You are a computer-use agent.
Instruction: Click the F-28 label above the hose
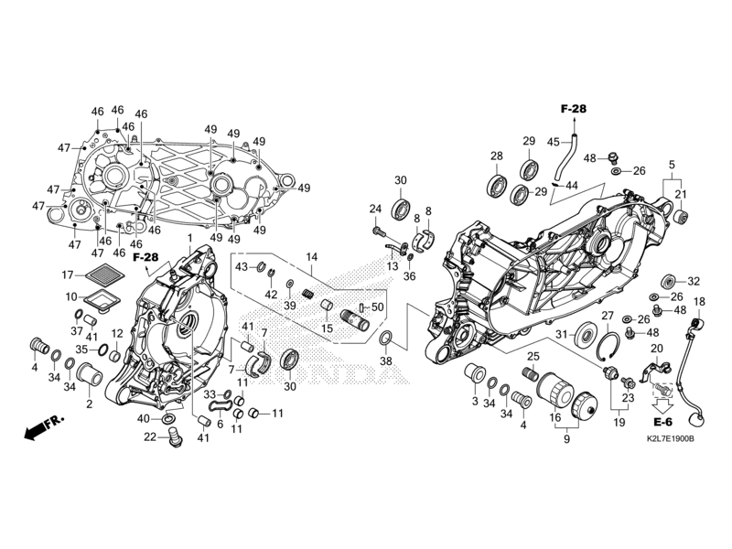click(573, 110)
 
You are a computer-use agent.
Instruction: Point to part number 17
click(67, 274)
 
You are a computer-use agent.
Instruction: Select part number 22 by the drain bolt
click(149, 436)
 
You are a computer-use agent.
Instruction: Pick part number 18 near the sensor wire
click(699, 302)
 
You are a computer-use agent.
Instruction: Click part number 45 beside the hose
click(553, 142)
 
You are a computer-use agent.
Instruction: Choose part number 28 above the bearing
click(497, 156)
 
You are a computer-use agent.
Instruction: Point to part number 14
click(311, 257)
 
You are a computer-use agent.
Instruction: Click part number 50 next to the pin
click(378, 307)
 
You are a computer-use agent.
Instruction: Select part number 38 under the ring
click(385, 361)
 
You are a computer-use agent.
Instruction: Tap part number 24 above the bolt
click(374, 210)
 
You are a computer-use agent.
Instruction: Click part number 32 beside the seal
click(693, 282)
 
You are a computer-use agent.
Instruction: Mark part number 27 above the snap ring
click(606, 316)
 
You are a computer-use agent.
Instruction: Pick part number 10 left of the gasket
click(70, 296)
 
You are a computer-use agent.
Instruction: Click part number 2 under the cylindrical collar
click(90, 404)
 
